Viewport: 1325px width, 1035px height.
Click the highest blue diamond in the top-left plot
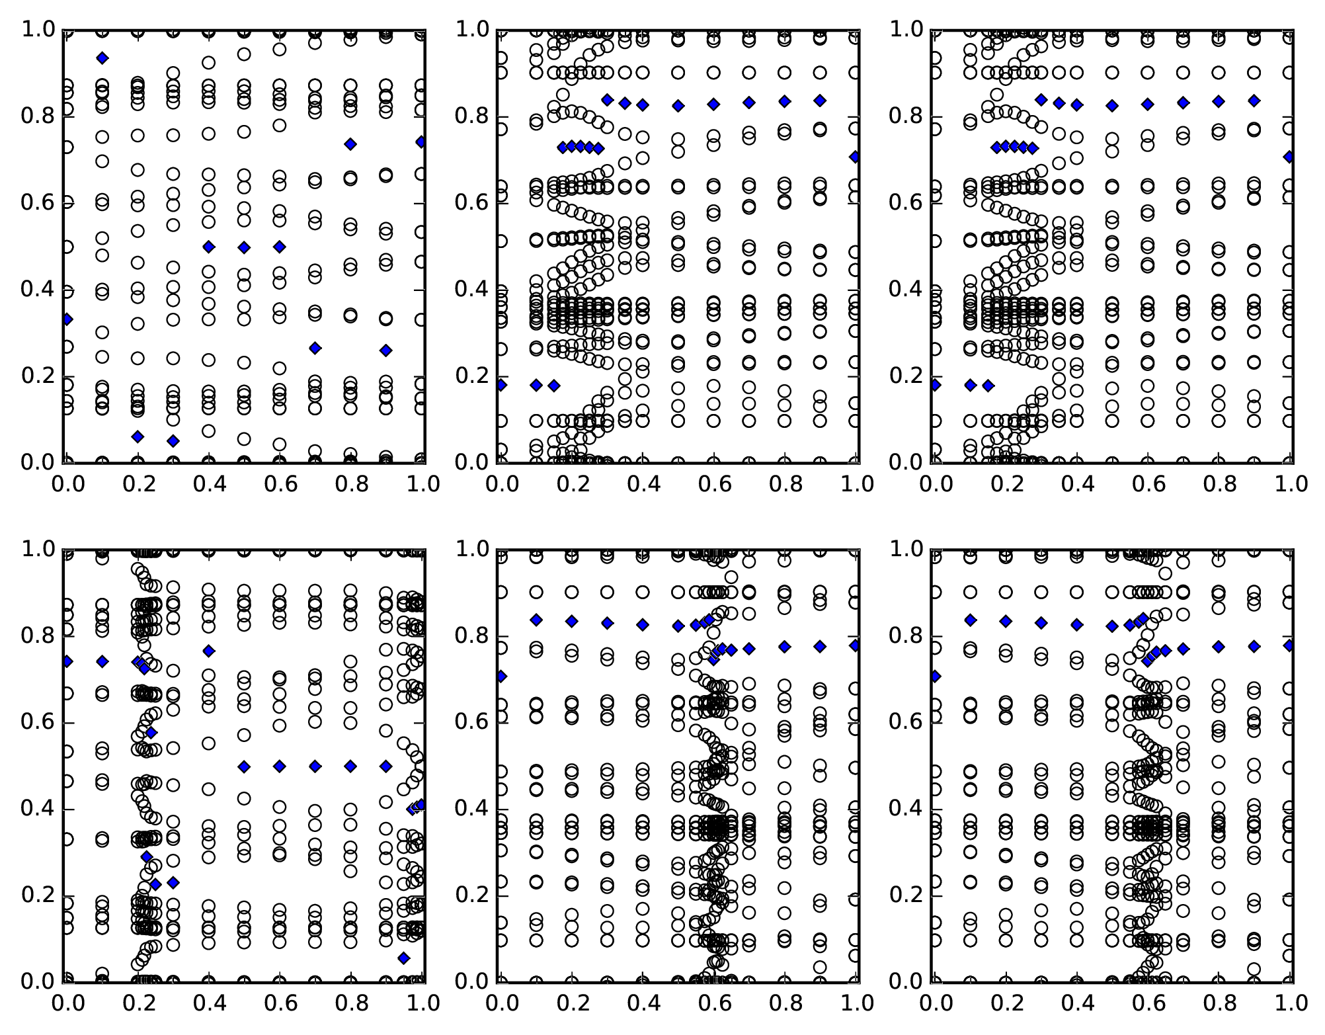tap(102, 58)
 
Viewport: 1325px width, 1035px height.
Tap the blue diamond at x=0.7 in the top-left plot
tap(315, 348)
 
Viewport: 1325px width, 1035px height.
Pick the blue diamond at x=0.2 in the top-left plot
tap(138, 436)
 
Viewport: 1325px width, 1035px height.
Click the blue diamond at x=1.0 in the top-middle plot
tap(855, 157)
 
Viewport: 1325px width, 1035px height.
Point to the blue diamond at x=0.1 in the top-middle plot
tap(536, 385)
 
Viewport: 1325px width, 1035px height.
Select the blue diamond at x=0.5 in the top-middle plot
tap(678, 106)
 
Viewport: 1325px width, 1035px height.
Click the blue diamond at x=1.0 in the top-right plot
tap(1289, 157)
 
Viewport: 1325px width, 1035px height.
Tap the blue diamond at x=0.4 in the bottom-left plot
tap(209, 651)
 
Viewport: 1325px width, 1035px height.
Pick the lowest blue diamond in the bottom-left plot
tap(403, 958)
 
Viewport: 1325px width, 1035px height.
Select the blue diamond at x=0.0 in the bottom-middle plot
tap(502, 676)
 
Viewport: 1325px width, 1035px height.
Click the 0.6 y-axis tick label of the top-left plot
tap(39, 202)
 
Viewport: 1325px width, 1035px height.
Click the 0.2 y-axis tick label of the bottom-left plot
tap(39, 895)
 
